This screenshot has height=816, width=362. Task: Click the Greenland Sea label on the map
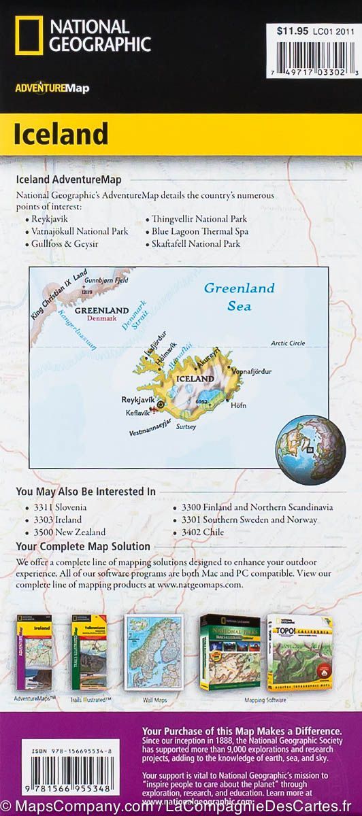point(240,296)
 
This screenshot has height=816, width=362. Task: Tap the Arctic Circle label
point(288,343)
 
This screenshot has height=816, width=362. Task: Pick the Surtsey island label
point(186,426)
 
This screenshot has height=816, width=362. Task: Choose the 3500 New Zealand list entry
point(69,532)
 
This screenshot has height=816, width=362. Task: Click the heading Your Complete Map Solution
point(83,546)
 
